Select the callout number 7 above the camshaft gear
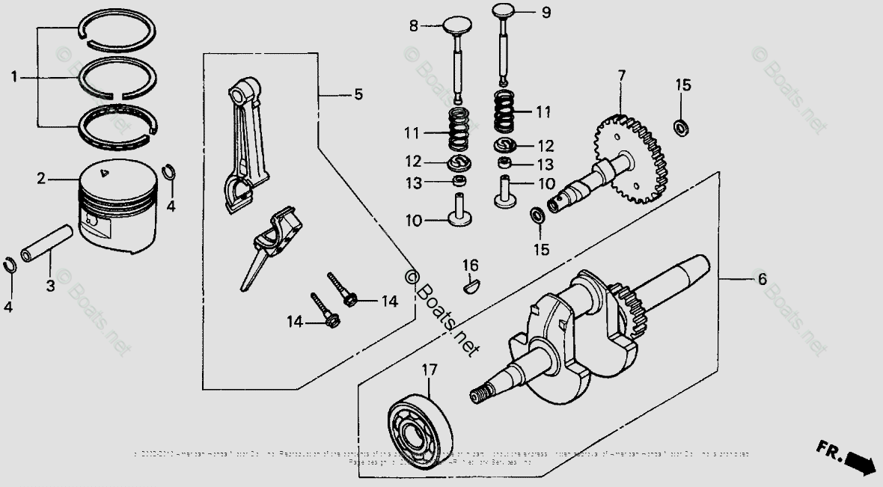[621, 76]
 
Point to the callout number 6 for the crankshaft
[762, 279]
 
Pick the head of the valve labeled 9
[504, 11]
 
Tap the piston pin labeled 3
[47, 244]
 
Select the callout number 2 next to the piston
[41, 178]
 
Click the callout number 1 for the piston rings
[13, 76]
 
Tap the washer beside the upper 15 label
[682, 126]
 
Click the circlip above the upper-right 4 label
[171, 173]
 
